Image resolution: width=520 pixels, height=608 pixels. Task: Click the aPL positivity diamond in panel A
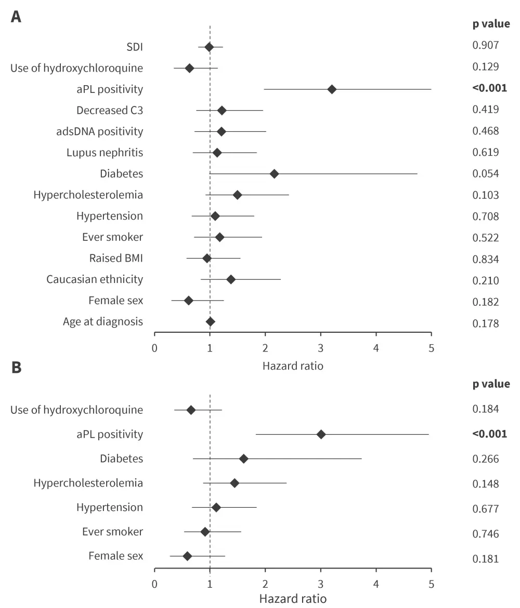332,89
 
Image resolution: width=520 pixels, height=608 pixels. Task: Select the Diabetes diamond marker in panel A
274,173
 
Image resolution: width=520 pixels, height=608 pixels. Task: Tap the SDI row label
135,47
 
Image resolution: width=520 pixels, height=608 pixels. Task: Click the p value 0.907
486,45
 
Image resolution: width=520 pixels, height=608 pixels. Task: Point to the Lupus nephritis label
105,153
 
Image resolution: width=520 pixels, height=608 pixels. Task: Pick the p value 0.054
486,173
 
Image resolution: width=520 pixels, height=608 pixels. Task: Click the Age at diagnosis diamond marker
210,322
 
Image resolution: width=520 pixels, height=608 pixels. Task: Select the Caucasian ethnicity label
95,279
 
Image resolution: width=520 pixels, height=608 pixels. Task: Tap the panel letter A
17,17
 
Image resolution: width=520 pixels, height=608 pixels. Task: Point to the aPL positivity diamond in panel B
321,434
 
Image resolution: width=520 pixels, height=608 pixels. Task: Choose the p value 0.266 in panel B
486,459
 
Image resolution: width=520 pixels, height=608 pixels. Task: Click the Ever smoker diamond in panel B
205,532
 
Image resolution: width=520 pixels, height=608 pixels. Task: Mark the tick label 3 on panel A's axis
321,347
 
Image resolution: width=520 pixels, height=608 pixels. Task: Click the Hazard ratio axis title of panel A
293,366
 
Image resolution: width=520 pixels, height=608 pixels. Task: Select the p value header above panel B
491,384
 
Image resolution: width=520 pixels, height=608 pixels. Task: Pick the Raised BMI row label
116,258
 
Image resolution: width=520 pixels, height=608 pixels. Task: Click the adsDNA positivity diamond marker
221,131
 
